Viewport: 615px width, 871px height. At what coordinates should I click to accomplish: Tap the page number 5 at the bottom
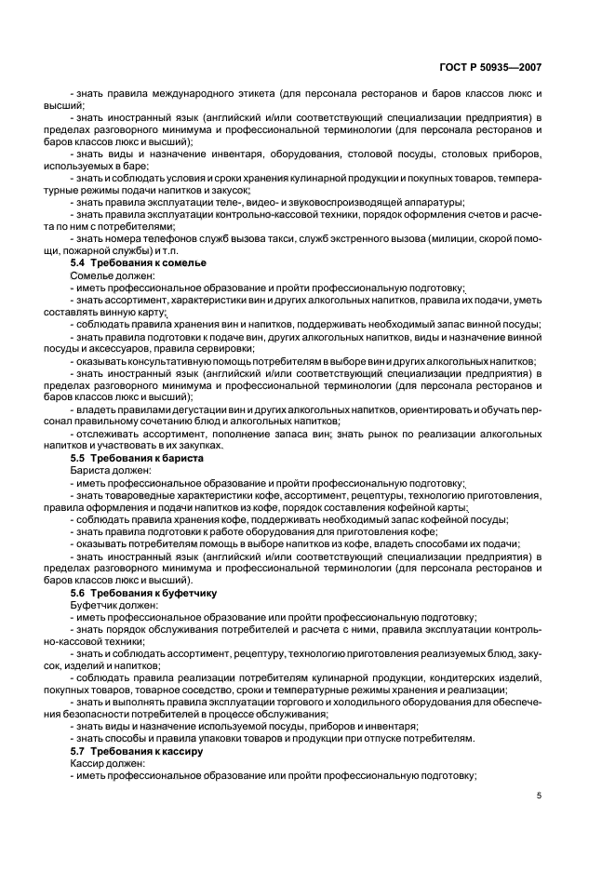point(540,796)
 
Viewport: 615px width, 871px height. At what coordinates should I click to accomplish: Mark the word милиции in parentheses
point(453,240)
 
